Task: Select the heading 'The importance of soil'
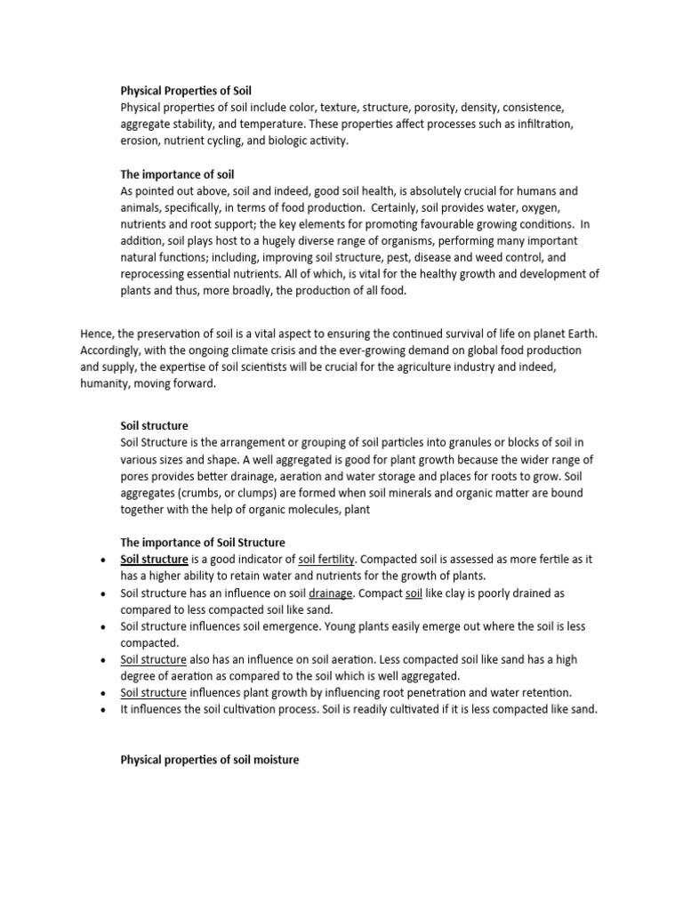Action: (177, 174)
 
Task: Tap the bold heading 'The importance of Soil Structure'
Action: (202, 543)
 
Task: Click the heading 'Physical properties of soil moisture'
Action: (210, 761)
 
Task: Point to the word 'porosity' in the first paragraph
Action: (449, 108)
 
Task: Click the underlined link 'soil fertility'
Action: (326, 559)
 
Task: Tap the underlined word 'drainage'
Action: (331, 593)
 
